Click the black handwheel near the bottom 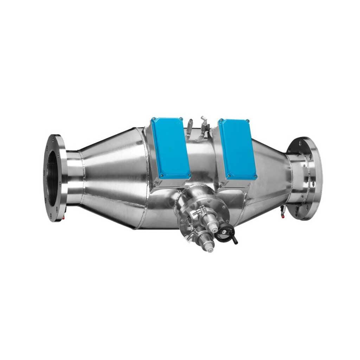(225, 233)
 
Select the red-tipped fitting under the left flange (63, 218)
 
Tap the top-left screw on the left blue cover (153, 119)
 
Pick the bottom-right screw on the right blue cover (255, 176)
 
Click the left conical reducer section (112, 176)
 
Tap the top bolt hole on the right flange (300, 143)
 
